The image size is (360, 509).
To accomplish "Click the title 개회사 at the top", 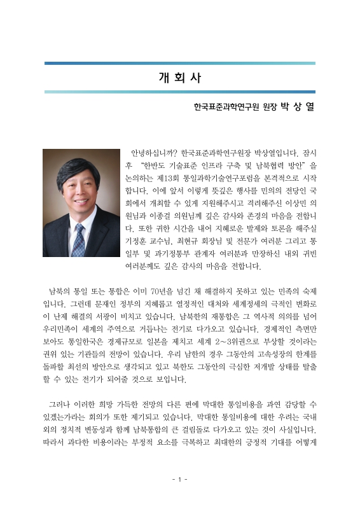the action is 179,78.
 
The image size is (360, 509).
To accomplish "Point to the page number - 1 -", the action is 179,478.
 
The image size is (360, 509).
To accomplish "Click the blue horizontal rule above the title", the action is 179,63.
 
